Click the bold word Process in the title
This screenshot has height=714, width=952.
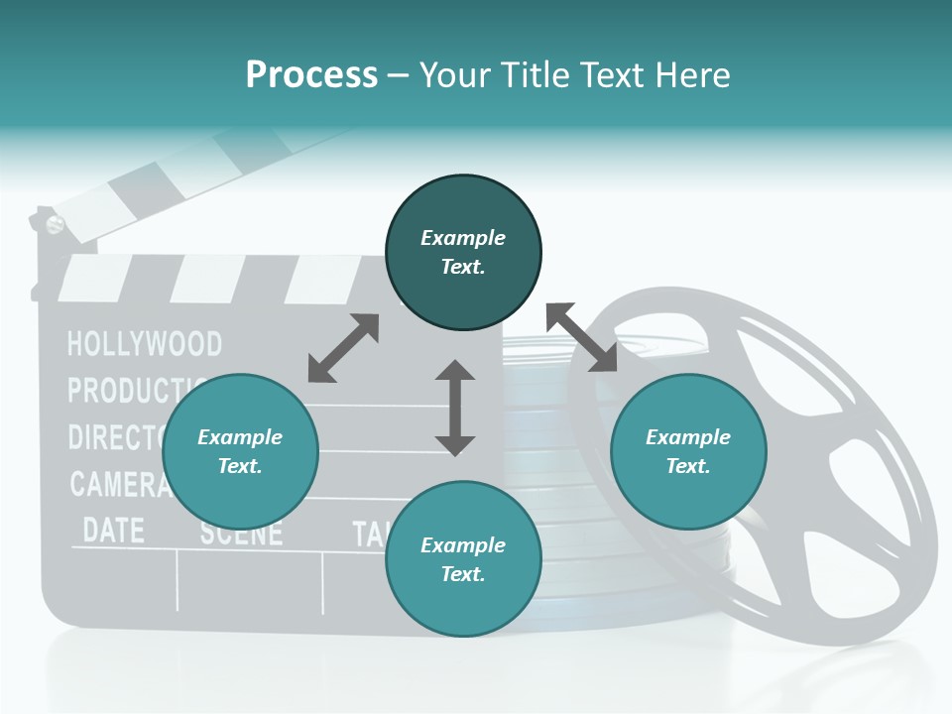tap(311, 74)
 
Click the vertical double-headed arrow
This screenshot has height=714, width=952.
tap(455, 408)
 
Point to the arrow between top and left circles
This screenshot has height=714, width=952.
tap(343, 348)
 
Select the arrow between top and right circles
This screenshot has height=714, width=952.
tap(581, 337)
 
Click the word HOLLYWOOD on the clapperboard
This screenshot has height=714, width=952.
tap(145, 344)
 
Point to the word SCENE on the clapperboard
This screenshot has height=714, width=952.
tap(241, 533)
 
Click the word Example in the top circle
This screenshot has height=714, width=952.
tap(463, 238)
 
